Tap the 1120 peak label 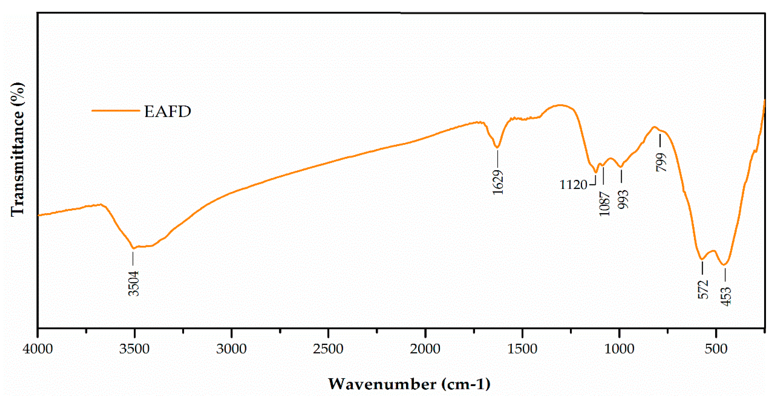click(x=573, y=185)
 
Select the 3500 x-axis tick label click(x=134, y=349)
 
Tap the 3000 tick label click(x=231, y=349)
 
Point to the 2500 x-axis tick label click(x=328, y=349)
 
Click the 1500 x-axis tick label click(x=522, y=349)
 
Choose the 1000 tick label click(x=619, y=349)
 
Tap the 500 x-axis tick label click(x=716, y=349)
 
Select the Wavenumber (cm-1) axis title click(x=409, y=384)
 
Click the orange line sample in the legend click(x=116, y=111)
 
